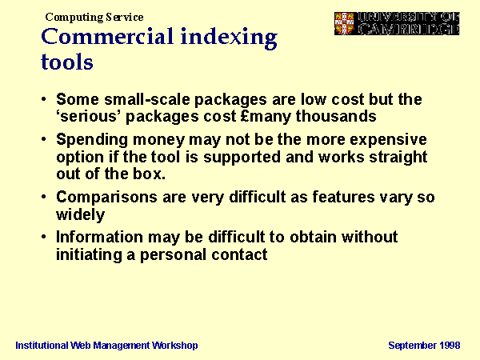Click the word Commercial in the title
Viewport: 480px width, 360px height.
point(107,37)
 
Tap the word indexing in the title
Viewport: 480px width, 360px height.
point(229,38)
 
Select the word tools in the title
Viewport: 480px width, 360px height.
point(67,62)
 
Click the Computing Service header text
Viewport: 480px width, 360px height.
point(94,17)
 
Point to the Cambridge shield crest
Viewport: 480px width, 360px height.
point(344,23)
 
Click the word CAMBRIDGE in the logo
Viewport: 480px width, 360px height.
point(409,29)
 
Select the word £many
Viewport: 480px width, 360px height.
point(266,117)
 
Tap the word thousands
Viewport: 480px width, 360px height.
point(336,116)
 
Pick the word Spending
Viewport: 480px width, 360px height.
point(92,140)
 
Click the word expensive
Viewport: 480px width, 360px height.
point(388,140)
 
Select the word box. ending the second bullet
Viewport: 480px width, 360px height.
point(149,174)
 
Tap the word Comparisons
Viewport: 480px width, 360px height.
point(106,197)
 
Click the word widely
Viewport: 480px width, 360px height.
point(81,214)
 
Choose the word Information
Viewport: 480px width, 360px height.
point(99,238)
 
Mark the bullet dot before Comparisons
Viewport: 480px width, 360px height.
point(44,197)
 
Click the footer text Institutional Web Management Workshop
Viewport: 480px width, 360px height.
point(106,346)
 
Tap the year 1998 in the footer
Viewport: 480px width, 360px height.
point(450,346)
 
